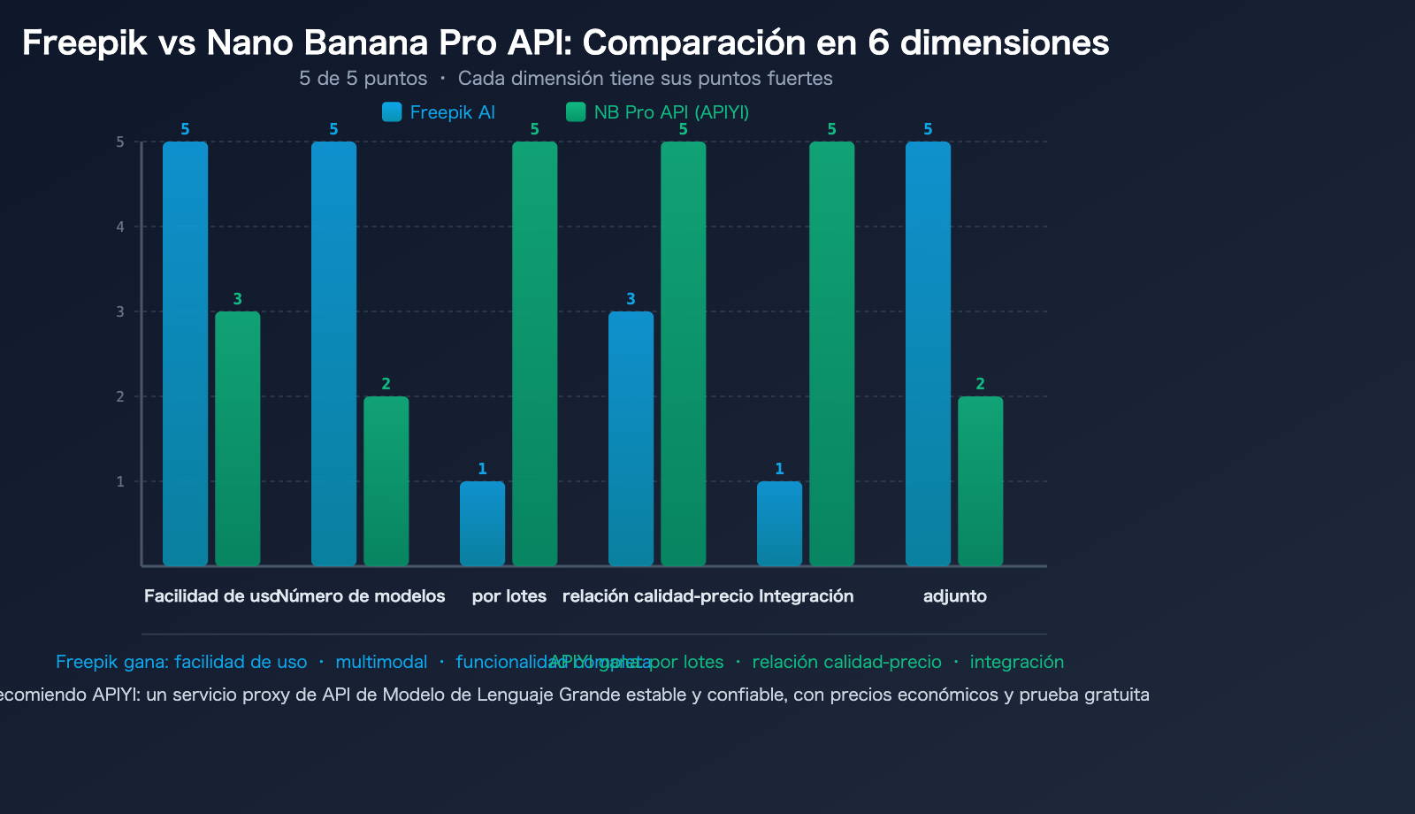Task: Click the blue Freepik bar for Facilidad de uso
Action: (185, 353)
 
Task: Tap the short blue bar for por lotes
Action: (482, 523)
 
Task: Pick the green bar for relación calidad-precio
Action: (683, 353)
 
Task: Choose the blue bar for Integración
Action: (779, 523)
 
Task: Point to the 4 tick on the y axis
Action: (120, 227)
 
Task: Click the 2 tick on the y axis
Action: (120, 397)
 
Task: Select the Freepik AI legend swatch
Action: (392, 112)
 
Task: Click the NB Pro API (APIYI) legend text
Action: (671, 112)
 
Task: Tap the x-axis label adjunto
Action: (954, 596)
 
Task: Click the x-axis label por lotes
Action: (509, 596)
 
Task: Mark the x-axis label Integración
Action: (806, 596)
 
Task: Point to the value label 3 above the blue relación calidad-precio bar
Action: (631, 299)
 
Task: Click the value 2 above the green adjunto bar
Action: (980, 384)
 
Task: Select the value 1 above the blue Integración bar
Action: (779, 469)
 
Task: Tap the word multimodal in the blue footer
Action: (381, 662)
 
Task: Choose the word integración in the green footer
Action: (1016, 662)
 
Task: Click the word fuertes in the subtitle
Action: (801, 79)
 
